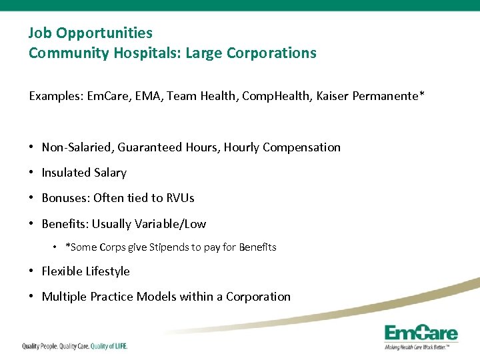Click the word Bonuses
(x=65, y=198)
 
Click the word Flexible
(x=62, y=271)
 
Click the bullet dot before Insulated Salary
(x=32, y=173)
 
